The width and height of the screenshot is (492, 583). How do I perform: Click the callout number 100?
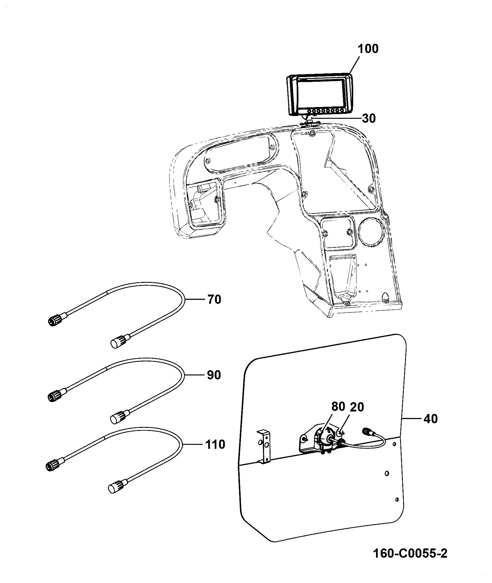[x=368, y=49]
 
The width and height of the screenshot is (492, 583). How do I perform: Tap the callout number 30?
[x=369, y=118]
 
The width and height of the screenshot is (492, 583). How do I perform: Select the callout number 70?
[x=214, y=299]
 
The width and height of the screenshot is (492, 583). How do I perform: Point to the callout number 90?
[x=214, y=375]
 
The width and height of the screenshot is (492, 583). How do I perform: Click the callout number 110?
[x=215, y=444]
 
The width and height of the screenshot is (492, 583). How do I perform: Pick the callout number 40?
[x=430, y=419]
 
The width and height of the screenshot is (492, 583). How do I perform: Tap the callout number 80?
[x=338, y=407]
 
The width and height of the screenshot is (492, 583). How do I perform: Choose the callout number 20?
[x=357, y=407]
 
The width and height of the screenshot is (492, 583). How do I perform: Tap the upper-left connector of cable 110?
[x=55, y=464]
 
